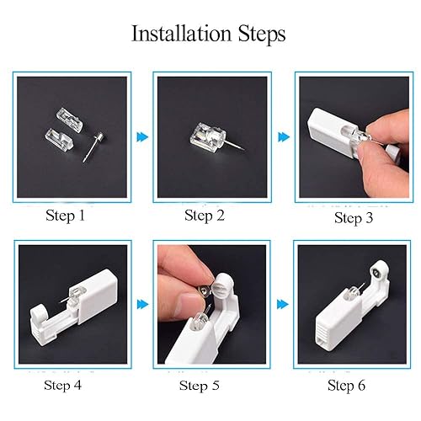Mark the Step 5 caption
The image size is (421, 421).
click(205, 386)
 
